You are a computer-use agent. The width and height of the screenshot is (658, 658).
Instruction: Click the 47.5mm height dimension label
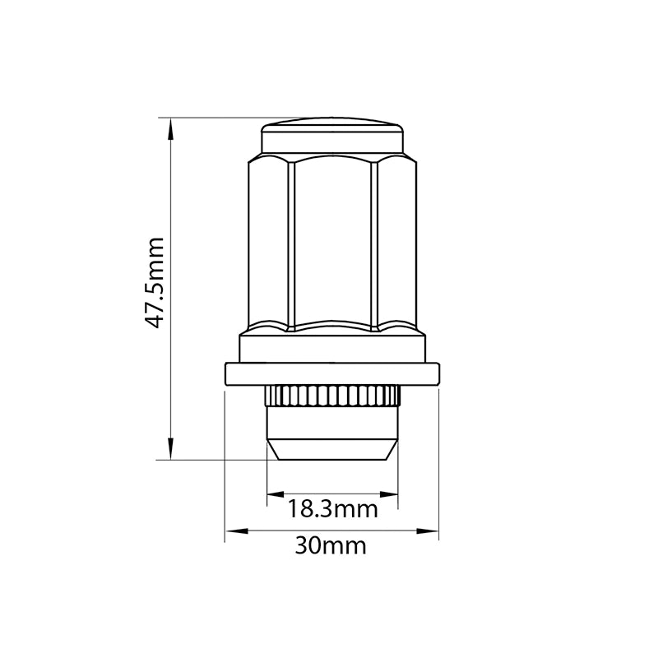click(x=154, y=282)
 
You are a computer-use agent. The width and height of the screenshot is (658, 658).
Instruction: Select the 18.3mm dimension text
click(x=332, y=509)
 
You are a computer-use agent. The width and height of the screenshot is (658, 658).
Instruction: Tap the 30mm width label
click(x=331, y=546)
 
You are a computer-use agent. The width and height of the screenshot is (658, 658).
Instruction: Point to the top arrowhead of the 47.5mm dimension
click(x=170, y=128)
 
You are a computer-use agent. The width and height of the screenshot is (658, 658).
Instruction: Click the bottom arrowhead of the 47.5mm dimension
click(x=170, y=449)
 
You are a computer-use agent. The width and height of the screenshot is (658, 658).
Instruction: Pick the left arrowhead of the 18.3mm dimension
click(x=276, y=494)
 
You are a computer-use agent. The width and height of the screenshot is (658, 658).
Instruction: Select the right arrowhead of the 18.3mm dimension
click(x=389, y=494)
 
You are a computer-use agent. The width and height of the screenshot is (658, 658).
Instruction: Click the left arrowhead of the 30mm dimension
click(x=236, y=531)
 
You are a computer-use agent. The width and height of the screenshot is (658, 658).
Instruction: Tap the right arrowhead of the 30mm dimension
click(x=427, y=531)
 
